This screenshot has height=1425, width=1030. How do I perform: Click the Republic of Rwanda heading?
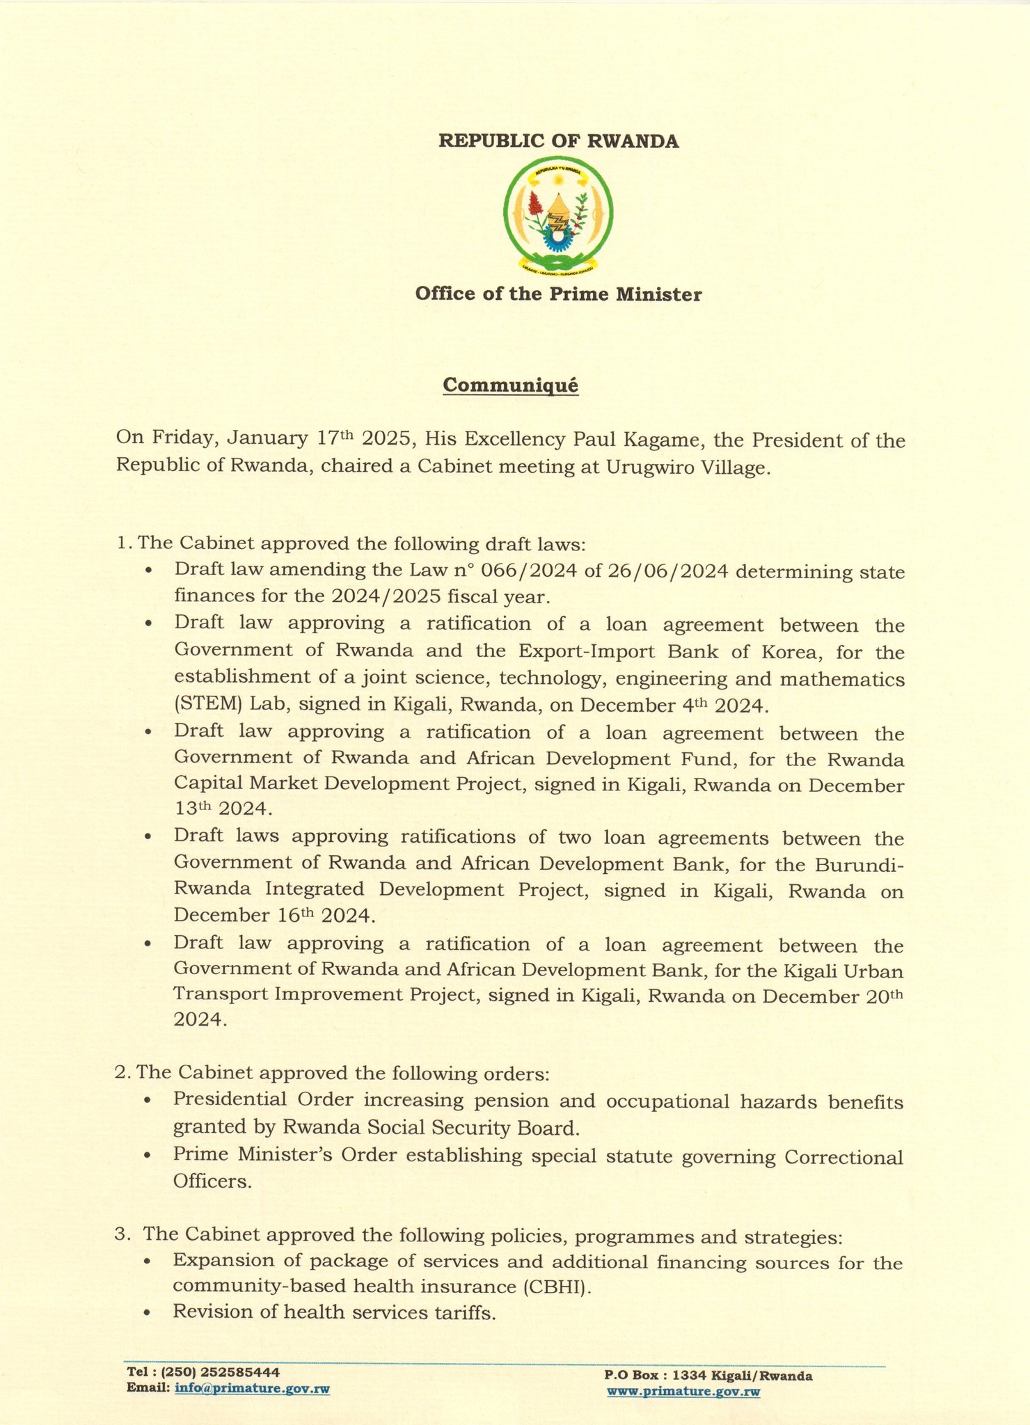[x=558, y=141]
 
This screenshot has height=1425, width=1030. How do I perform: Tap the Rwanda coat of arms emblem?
[x=558, y=214]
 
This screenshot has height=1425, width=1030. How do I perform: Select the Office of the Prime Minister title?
[x=558, y=294]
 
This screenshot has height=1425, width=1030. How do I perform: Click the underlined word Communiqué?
[x=511, y=385]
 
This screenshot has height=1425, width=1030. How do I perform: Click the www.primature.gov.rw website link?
[x=683, y=1392]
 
